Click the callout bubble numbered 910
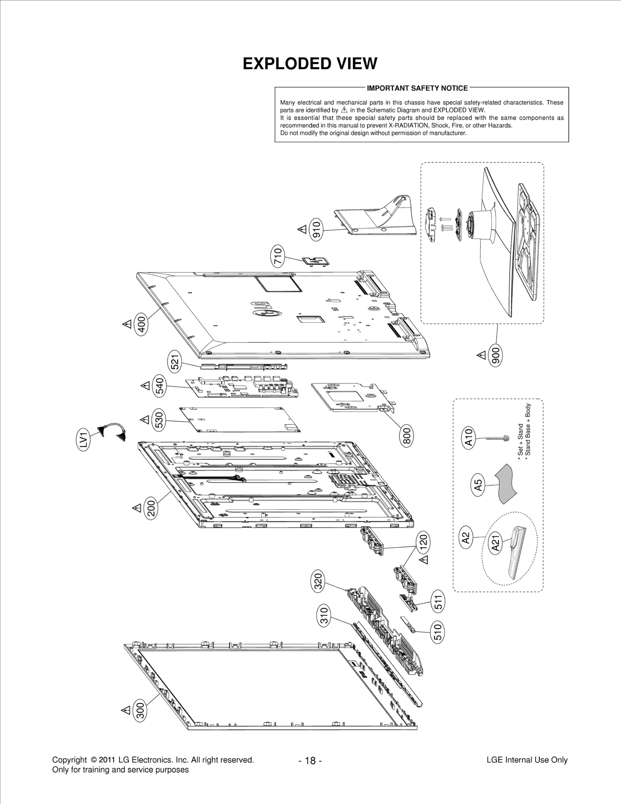[x=317, y=229]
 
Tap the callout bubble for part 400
[x=142, y=325]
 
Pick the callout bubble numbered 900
[x=497, y=355]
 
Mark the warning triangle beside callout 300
[x=126, y=710]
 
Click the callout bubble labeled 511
[x=439, y=603]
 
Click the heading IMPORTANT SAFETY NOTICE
[x=417, y=88]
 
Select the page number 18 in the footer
[x=310, y=761]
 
